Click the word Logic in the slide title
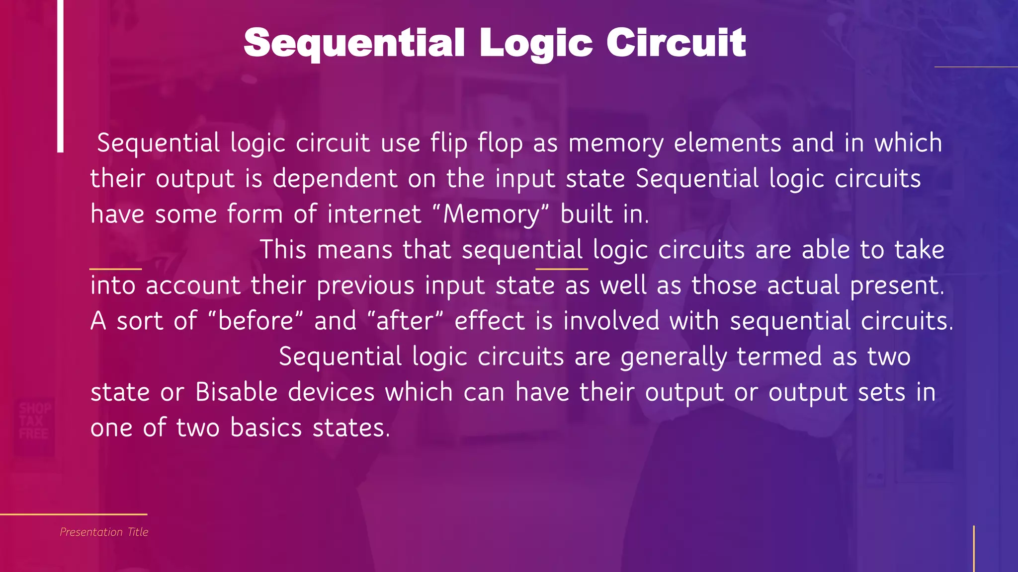coord(536,44)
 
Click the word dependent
coord(335,179)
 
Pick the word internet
coord(374,214)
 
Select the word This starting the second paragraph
coord(283,250)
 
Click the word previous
coord(365,286)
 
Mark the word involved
coord(611,321)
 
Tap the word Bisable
coord(236,393)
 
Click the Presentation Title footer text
coord(104,532)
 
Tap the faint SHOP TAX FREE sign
coord(34,421)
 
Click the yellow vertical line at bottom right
coord(973,549)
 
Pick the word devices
coord(331,393)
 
